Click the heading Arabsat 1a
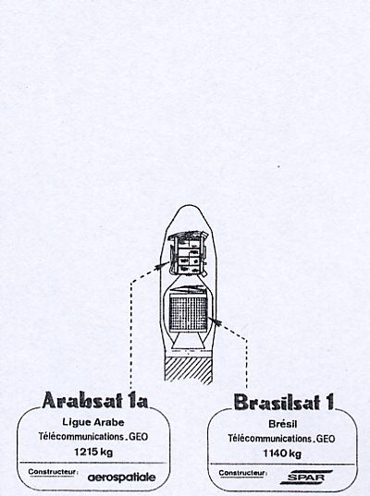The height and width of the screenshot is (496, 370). tap(95, 401)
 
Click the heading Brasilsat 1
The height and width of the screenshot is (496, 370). tap(284, 402)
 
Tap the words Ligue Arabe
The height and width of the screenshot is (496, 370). tap(93, 422)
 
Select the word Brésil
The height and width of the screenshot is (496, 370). tap(282, 424)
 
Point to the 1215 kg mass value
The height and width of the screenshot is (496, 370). tap(93, 452)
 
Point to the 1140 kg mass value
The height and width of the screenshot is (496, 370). tap(282, 454)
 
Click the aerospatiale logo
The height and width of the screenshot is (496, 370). tap(122, 478)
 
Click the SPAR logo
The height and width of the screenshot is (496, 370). tap(306, 478)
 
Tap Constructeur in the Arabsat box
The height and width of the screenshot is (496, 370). tap(53, 472)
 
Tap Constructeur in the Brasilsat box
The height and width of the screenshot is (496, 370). tap(242, 473)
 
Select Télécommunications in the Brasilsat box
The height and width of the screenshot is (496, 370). tap(271, 439)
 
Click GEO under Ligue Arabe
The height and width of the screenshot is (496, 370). tap(139, 437)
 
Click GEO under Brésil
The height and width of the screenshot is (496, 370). tap(326, 439)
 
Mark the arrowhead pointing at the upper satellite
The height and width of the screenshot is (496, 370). tap(162, 265)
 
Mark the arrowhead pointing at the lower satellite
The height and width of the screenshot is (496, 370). tap(215, 321)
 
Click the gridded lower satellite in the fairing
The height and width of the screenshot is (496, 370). tap(189, 313)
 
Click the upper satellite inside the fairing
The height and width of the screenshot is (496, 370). tap(188, 254)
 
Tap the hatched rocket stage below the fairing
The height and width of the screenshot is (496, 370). tap(188, 369)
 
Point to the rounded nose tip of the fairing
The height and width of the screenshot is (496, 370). tap(188, 206)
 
